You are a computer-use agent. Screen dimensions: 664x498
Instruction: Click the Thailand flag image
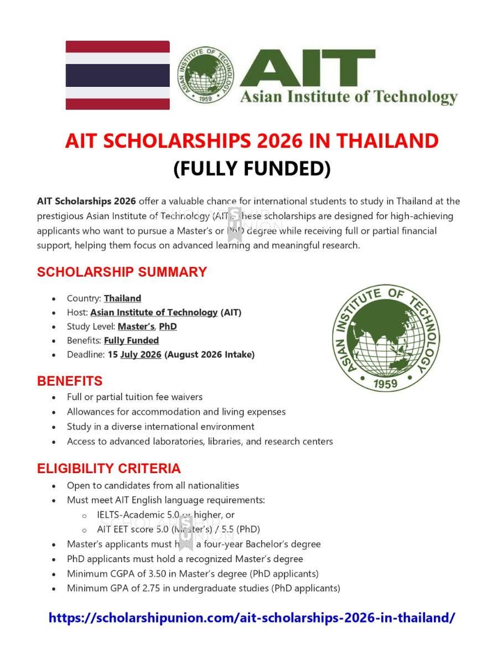117,75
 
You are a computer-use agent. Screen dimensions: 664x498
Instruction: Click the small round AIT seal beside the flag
205,75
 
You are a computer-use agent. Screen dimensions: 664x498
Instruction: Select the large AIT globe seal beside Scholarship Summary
386,338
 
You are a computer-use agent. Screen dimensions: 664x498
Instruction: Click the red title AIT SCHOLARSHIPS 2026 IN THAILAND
251,141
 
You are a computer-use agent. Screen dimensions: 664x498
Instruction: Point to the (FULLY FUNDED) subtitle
252,168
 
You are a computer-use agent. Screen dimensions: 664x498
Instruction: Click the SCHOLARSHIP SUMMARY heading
122,272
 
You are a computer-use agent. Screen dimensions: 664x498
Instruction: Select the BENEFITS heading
70,381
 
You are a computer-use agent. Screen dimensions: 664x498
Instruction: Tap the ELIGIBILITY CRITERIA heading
108,468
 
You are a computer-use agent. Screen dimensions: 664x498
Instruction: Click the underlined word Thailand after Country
122,298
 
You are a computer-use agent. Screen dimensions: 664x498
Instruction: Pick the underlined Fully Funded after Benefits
131,340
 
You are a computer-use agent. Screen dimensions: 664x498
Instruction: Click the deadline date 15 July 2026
134,355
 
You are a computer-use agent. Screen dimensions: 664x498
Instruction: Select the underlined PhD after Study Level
168,326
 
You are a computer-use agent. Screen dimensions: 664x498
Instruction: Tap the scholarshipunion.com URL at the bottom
252,618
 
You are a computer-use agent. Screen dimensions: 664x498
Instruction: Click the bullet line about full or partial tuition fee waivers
134,397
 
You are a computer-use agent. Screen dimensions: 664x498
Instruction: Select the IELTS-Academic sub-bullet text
165,515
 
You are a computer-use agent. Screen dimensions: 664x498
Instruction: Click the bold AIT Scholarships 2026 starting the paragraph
86,201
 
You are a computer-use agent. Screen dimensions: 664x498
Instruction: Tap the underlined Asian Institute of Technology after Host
154,312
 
